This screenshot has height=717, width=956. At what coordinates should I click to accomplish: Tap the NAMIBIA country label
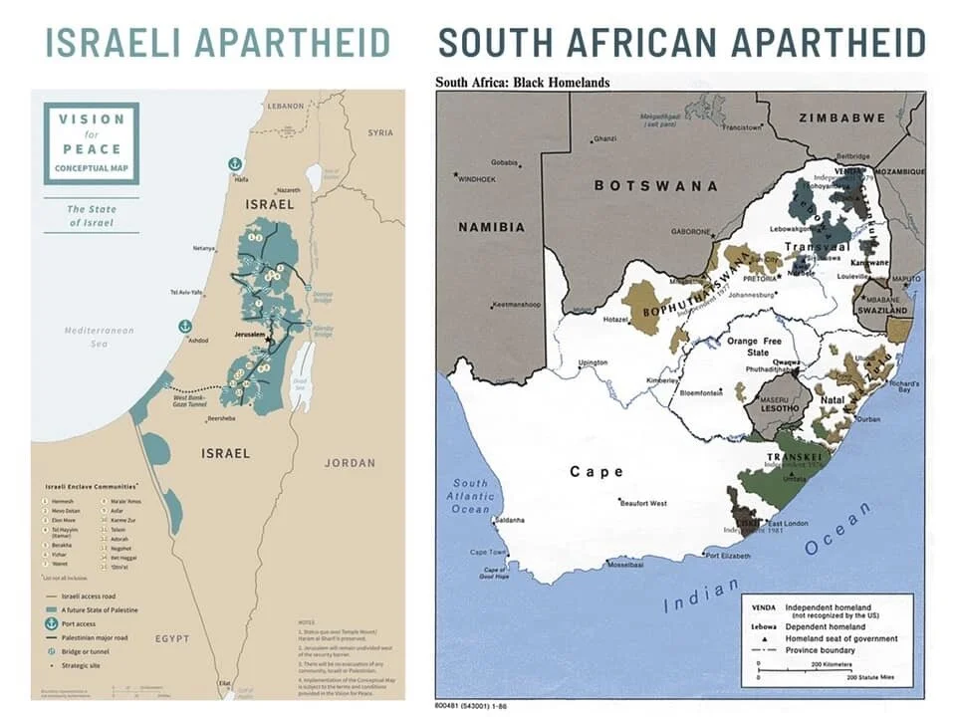point(491,227)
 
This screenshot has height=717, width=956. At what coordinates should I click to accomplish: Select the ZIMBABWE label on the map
point(841,118)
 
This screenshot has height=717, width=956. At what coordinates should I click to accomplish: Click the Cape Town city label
point(487,552)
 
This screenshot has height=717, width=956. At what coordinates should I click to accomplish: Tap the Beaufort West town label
point(642,503)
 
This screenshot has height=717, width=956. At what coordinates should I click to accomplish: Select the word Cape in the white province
point(597,472)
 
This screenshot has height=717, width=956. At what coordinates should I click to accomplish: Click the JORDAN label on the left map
point(350,462)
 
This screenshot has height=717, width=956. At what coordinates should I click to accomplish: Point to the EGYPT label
point(173,637)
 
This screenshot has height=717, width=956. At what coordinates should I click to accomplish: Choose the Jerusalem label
point(251,336)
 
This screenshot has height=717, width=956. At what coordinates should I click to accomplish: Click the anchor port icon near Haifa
point(236,163)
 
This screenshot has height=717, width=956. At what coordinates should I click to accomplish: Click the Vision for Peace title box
point(92,142)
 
